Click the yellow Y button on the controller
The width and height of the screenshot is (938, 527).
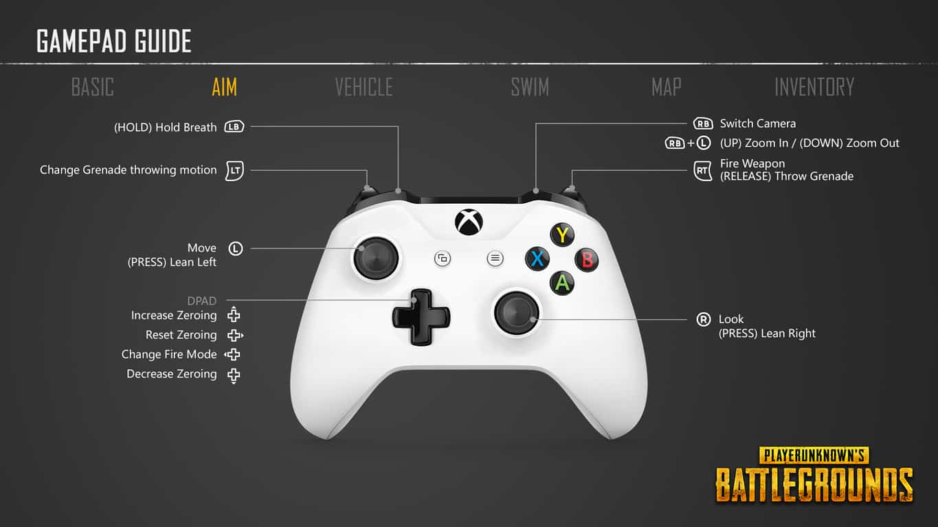[562, 235]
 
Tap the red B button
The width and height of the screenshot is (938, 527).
[587, 260]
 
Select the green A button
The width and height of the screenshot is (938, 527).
[562, 283]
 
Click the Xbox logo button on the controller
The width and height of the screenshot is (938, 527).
[469, 222]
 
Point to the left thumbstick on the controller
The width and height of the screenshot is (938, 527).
[376, 258]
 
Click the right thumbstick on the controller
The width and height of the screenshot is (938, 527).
[516, 313]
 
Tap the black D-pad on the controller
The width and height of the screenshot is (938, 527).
[421, 316]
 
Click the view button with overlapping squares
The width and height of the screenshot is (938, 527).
[443, 259]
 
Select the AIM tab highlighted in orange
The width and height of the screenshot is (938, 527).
[225, 87]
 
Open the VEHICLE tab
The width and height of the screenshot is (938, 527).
[364, 87]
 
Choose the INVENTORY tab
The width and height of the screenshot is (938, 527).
[814, 87]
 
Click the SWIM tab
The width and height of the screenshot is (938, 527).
[530, 87]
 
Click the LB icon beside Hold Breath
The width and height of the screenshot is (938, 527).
[234, 127]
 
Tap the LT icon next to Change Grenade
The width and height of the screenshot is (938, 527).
[234, 170]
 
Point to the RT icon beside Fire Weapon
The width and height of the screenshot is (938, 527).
[703, 171]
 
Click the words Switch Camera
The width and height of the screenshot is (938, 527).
[757, 124]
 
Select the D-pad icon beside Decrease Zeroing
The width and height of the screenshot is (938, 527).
[234, 375]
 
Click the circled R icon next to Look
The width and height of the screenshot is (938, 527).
[704, 320]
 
